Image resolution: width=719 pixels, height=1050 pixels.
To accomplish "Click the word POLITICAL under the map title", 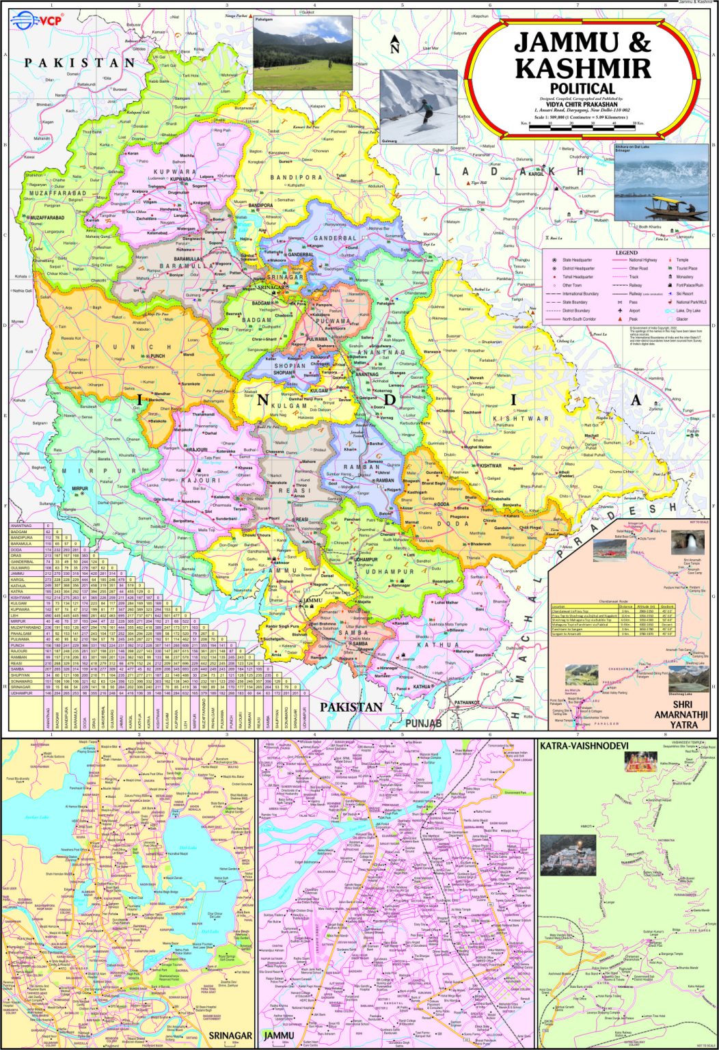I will tap(582, 88).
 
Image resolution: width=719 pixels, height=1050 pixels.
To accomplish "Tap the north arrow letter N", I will tap(394, 48).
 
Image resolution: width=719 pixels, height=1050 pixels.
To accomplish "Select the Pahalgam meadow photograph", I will tap(303, 53).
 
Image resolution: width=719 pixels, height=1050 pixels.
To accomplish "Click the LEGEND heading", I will tap(626, 252).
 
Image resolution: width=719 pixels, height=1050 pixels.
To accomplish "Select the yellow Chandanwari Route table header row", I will tap(614, 606).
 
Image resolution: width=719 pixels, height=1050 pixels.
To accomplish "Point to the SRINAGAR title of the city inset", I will tap(230, 1036).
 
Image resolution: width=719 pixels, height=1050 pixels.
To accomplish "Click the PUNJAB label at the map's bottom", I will tap(423, 723).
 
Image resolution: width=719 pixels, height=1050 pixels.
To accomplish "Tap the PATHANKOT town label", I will tap(467, 702).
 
